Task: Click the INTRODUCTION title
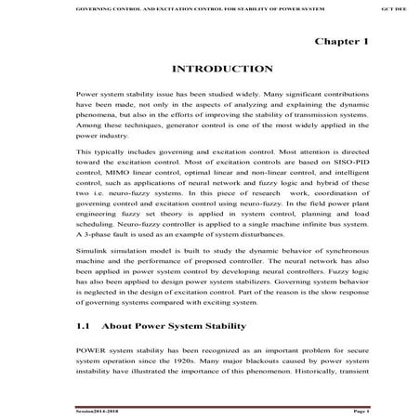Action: click(x=222, y=70)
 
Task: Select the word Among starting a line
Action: click(x=89, y=133)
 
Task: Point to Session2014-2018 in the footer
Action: click(x=98, y=409)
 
